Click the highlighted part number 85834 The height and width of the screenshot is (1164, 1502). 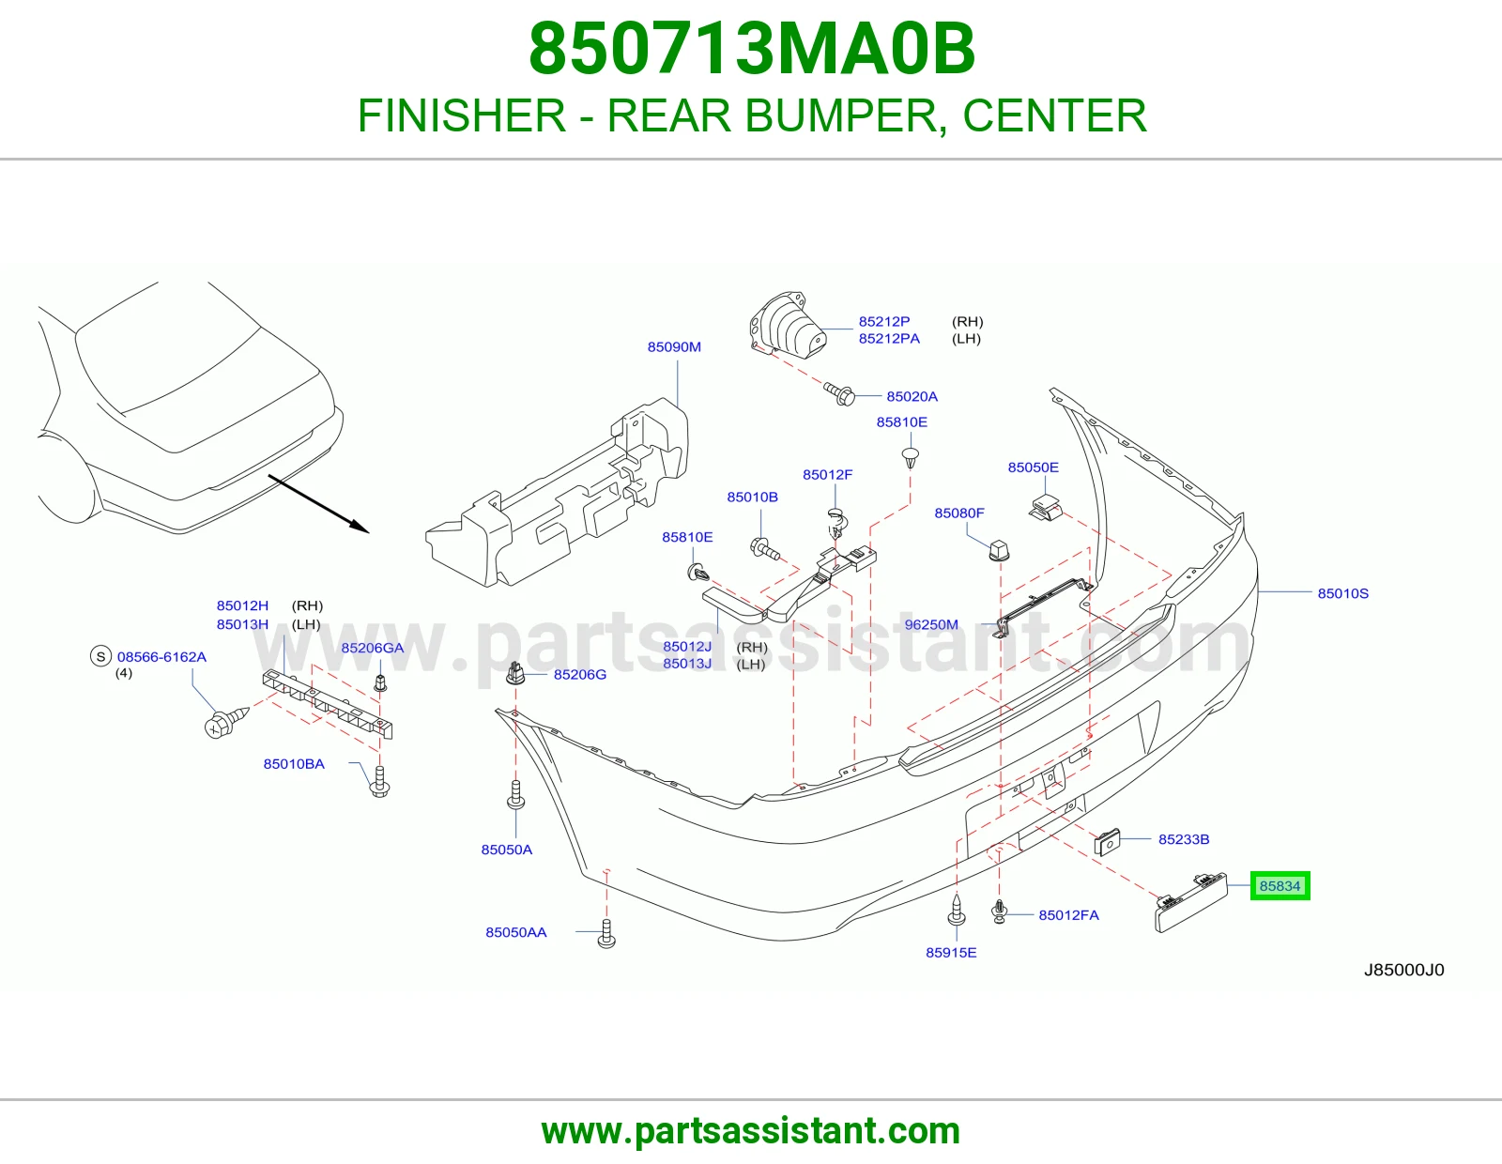1280,886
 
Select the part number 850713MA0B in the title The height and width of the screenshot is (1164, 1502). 751,49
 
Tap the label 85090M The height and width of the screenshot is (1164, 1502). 674,347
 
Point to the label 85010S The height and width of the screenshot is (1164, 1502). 1343,593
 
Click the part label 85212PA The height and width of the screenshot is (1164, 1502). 889,339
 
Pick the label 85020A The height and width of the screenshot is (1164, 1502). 912,397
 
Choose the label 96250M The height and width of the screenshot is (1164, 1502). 931,625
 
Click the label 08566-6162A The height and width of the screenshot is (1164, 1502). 161,657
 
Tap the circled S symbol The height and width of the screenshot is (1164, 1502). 101,656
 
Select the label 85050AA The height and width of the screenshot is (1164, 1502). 515,932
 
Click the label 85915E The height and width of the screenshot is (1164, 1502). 951,953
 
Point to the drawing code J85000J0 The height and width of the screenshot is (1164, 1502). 1403,971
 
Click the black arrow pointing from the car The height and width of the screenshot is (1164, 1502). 318,504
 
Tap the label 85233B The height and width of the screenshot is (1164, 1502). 1184,839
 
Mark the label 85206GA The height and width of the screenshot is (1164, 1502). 373,648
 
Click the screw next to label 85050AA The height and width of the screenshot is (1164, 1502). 606,933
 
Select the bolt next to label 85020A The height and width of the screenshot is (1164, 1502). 840,394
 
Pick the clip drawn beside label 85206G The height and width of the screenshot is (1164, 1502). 515,673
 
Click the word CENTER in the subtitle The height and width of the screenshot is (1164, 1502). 1054,115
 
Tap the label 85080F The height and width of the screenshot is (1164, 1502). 959,513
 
